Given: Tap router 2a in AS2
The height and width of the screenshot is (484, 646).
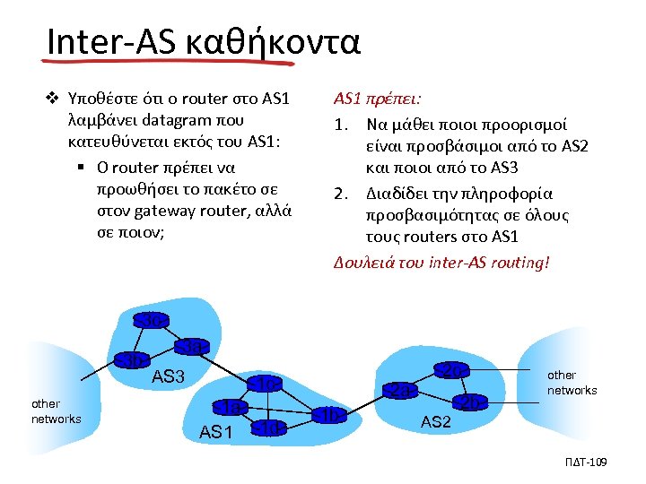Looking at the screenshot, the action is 400,390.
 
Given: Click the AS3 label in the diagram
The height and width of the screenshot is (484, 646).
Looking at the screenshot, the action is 168,377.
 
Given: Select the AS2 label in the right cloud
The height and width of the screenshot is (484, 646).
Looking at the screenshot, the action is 435,422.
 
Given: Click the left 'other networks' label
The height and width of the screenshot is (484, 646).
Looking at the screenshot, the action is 56,411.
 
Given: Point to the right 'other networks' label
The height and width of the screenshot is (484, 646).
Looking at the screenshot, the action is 572,383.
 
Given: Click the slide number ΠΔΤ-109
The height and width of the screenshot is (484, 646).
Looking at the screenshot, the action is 588,462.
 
